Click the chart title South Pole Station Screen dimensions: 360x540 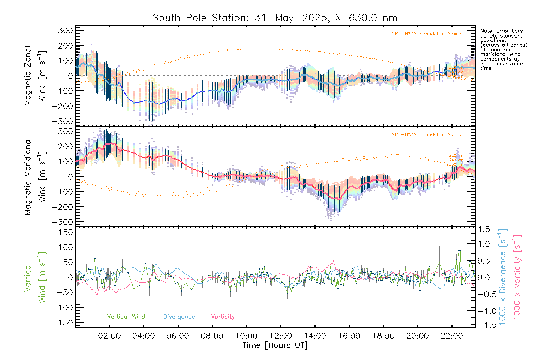(x=275, y=18)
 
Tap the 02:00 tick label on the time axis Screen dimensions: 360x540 (x=109, y=336)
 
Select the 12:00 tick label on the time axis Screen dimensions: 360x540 (x=281, y=336)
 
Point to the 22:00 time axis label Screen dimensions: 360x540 (x=452, y=336)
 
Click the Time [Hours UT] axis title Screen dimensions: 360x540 (x=275, y=345)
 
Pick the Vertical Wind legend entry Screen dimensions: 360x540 (x=126, y=316)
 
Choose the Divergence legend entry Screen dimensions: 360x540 (x=179, y=316)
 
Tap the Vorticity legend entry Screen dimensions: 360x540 (x=223, y=316)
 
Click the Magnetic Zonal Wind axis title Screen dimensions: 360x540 (x=35, y=76)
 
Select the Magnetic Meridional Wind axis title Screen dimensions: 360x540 (x=35, y=176)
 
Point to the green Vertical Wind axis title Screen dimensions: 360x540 (x=35, y=277)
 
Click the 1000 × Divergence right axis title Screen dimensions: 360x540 (x=502, y=277)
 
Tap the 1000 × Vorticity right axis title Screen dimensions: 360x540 (x=517, y=277)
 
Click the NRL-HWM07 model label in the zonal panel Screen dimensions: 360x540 (x=427, y=34)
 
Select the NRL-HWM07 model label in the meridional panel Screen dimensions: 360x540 (x=427, y=135)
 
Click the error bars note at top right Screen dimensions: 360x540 (x=503, y=49)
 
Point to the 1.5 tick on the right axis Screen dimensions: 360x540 (x=484, y=229)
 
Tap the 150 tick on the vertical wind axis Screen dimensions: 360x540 (x=66, y=232)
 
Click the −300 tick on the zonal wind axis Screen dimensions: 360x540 (x=62, y=121)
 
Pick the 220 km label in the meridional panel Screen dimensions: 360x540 (x=456, y=155)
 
